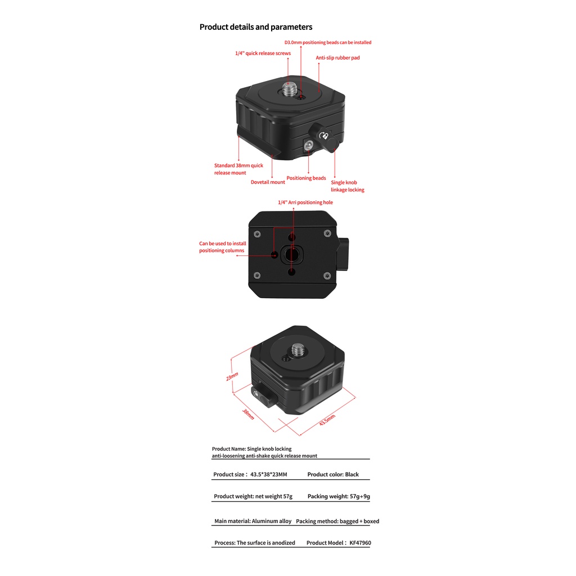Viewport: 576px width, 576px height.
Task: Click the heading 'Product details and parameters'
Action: [256, 27]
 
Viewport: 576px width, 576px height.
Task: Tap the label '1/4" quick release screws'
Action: [263, 53]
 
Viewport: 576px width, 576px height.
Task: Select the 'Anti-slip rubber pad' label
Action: [337, 57]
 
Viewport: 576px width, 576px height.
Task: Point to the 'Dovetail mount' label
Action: [268, 182]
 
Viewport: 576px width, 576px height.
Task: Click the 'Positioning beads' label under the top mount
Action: [306, 178]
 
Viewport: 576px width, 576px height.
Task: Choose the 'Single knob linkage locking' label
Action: [347, 186]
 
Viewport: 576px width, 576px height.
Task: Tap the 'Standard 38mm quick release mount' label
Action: [238, 169]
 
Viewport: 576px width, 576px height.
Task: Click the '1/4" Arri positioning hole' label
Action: [305, 202]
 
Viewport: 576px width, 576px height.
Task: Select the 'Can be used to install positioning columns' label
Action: [222, 247]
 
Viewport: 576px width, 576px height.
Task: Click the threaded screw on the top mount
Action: [291, 88]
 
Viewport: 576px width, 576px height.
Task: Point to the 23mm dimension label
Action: [232, 377]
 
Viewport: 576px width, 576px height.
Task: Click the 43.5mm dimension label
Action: [327, 420]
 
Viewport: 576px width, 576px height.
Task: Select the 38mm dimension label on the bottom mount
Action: [248, 414]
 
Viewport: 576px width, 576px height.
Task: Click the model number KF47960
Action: [360, 543]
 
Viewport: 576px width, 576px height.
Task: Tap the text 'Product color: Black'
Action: [333, 474]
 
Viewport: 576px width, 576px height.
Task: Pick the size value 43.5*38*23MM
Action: [269, 474]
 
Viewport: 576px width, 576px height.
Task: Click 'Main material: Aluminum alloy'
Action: [253, 521]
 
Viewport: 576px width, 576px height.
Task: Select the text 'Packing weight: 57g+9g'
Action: [339, 497]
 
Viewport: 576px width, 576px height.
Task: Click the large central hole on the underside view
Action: [291, 254]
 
